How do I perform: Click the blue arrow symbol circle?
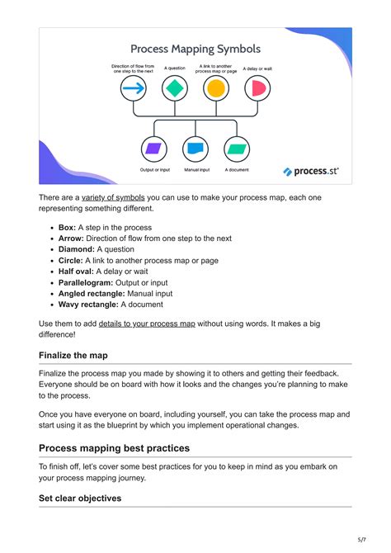[134, 88]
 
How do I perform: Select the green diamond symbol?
[174, 88]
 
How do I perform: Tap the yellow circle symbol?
[215, 88]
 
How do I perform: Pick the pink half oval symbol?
[257, 88]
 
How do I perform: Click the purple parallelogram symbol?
[153, 149]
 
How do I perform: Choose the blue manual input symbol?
[195, 149]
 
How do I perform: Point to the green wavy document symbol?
[237, 149]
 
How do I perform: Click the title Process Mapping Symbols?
[195, 49]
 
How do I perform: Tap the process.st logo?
[311, 171]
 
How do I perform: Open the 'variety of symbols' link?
[113, 197]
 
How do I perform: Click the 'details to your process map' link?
[147, 324]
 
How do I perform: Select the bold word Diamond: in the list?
[77, 248]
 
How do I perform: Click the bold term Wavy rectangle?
[92, 304]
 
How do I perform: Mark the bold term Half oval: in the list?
[76, 271]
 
